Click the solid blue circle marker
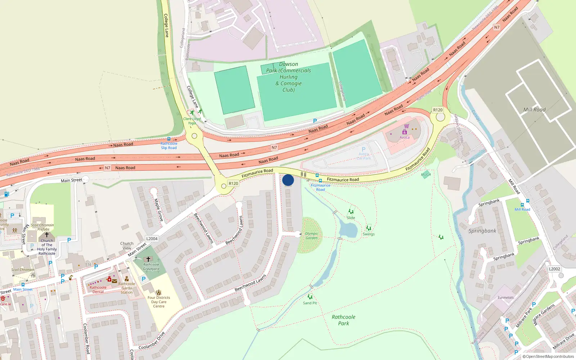[x=288, y=180]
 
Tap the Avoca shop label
[x=404, y=137]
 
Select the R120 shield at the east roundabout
[x=438, y=110]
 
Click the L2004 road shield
[x=152, y=238]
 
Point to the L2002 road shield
[x=554, y=269]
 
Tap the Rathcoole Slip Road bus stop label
[x=169, y=145]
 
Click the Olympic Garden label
[x=311, y=235]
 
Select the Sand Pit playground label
[x=310, y=303]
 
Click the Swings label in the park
[x=369, y=234]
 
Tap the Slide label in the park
[x=351, y=217]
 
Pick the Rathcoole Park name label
[x=343, y=320]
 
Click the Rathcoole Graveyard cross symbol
[x=148, y=259]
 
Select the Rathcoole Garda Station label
[x=127, y=288]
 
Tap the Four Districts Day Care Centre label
[x=159, y=302]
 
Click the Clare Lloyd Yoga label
[x=192, y=121]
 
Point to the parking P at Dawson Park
[x=315, y=121]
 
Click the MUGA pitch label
[x=426, y=175]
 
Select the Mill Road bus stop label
[x=522, y=209]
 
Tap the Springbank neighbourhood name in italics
[x=482, y=231]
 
